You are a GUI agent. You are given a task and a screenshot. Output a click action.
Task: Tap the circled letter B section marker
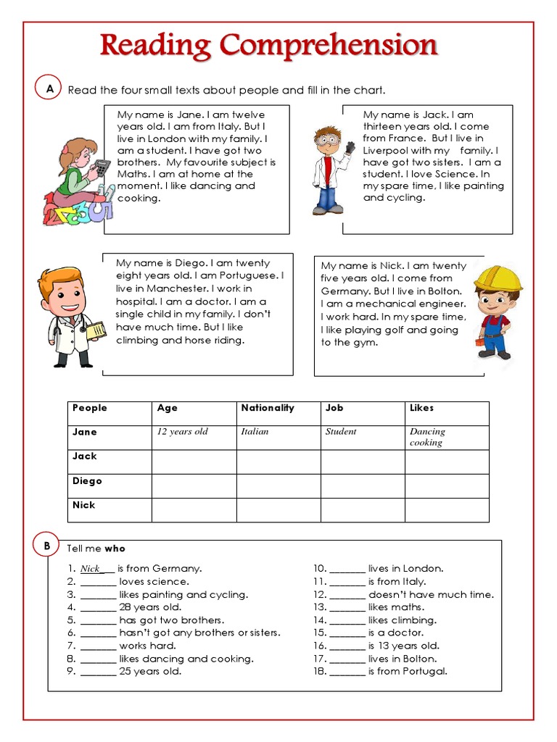[x=46, y=545]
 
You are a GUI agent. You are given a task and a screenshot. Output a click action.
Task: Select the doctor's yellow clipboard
[x=95, y=330]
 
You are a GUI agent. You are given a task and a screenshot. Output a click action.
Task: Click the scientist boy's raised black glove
[x=350, y=148]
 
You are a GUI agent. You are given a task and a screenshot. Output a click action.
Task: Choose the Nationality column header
[x=268, y=408]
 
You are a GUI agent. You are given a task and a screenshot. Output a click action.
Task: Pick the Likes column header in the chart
[x=421, y=408]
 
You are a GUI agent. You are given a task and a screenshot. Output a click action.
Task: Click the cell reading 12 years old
[x=182, y=432]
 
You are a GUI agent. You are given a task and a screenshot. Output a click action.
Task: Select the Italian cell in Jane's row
[x=255, y=432]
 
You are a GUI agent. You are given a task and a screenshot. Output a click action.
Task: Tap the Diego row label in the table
[x=87, y=481]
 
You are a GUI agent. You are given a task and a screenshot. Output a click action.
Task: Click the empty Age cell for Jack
[x=194, y=462]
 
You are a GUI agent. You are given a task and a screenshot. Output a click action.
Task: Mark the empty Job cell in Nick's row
[x=363, y=509]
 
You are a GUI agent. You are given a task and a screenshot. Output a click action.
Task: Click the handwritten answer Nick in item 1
[x=90, y=569]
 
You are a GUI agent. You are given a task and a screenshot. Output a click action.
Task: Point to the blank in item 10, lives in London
[x=347, y=570]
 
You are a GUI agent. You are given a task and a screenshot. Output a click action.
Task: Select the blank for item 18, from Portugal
[x=347, y=672]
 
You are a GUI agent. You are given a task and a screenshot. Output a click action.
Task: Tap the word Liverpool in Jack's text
[x=387, y=151]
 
